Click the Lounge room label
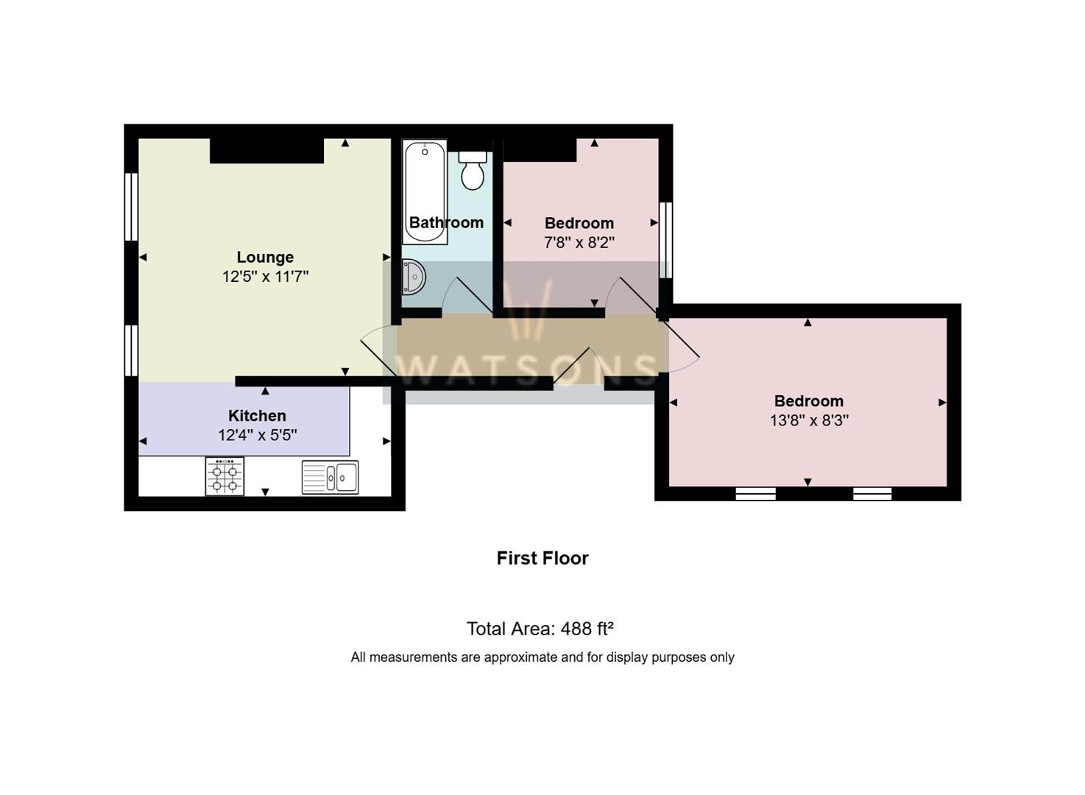tap(265, 257)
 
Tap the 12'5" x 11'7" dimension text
tap(265, 277)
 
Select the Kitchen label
tap(257, 416)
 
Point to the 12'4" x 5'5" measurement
tap(257, 435)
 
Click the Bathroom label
tap(446, 222)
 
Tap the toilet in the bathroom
tap(473, 170)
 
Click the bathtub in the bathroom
tap(425, 192)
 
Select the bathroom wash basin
tap(414, 277)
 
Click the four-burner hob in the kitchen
tap(225, 476)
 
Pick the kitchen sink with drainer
tap(330, 477)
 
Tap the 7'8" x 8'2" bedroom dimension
tap(579, 242)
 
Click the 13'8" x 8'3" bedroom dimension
tap(809, 420)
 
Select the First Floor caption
tap(542, 558)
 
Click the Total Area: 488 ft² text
tap(540, 629)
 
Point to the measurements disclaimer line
tap(542, 657)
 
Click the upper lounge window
tap(131, 207)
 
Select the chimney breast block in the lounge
tap(267, 151)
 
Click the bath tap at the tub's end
tap(425, 151)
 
